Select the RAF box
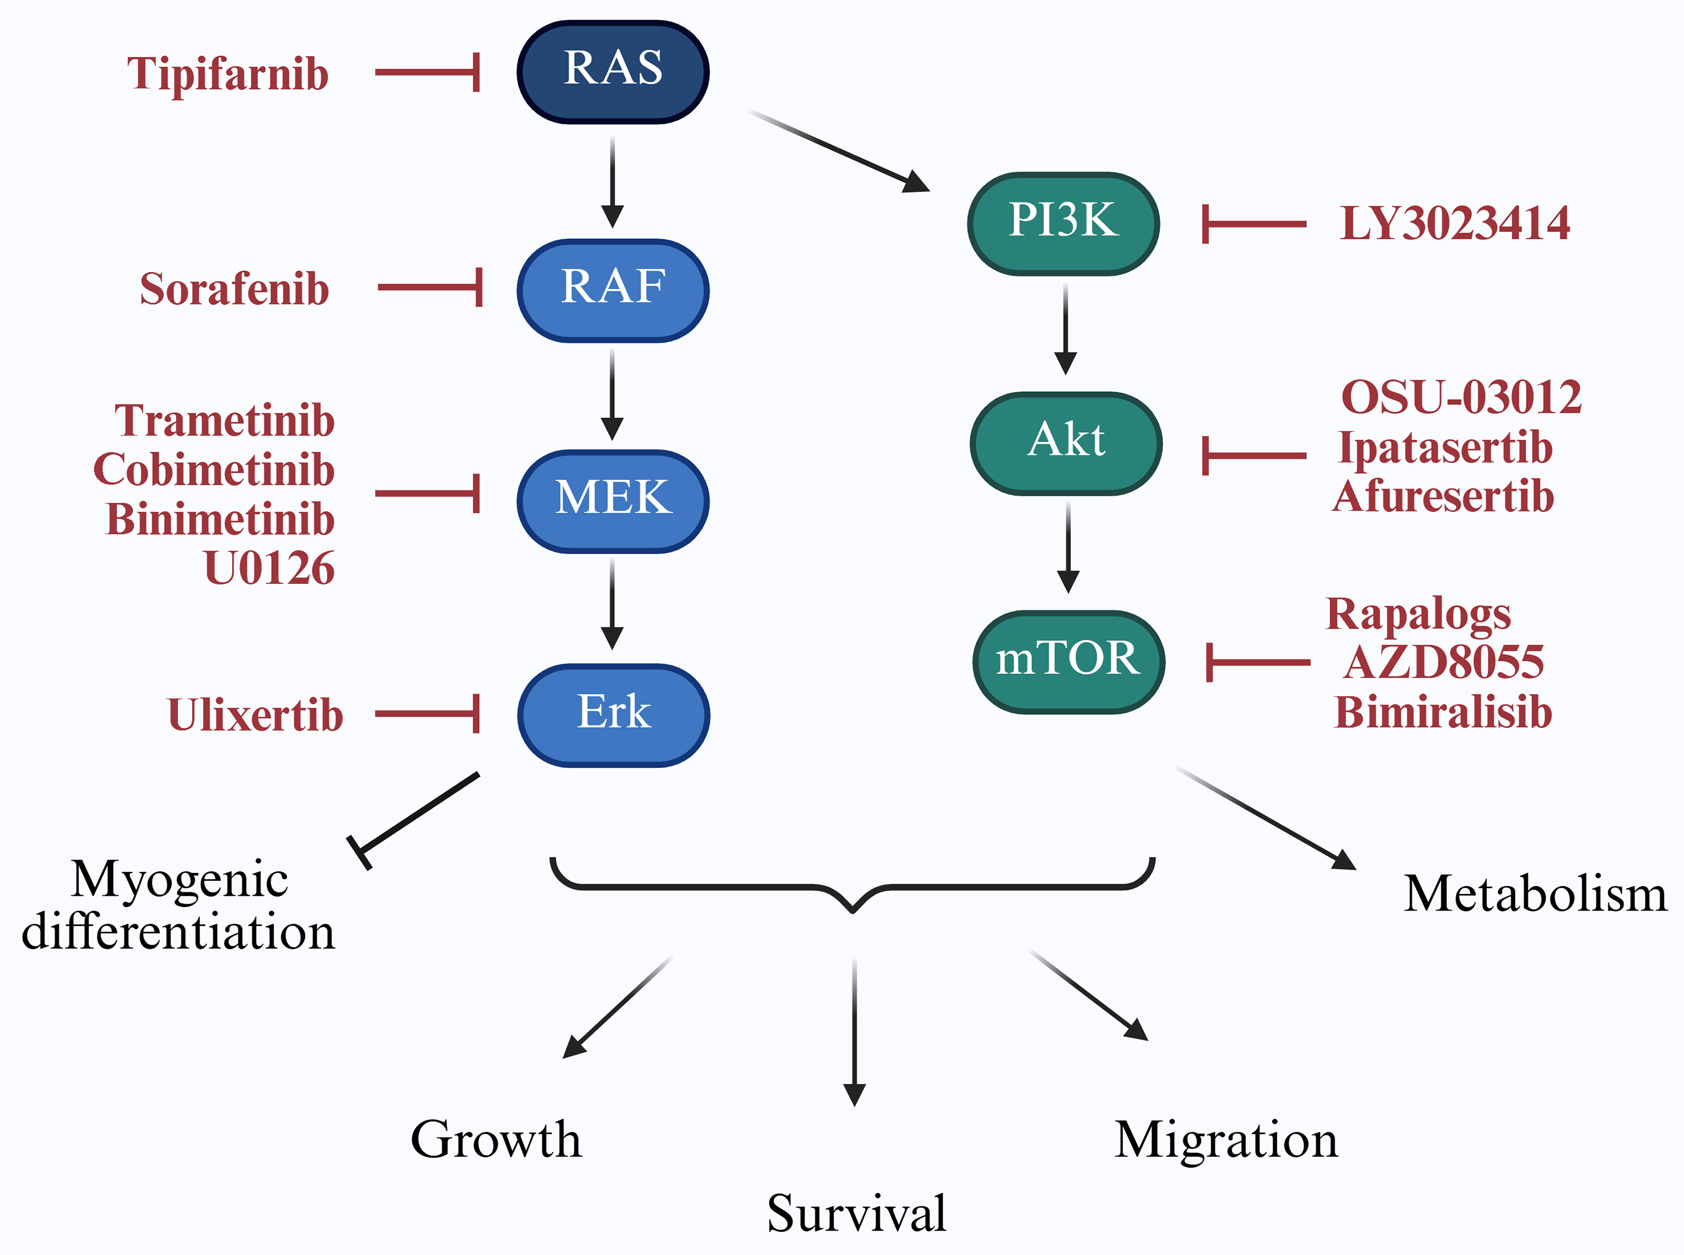tap(612, 290)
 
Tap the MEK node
tap(612, 501)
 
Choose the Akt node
tap(1066, 443)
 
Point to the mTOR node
tap(1068, 661)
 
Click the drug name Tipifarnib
tap(228, 75)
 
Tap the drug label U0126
tap(269, 568)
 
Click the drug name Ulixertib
tap(255, 716)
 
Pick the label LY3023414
tap(1454, 224)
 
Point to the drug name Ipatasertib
tap(1444, 448)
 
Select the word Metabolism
tap(1535, 893)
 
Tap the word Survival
tap(856, 1213)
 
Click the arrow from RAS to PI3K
tap(835, 149)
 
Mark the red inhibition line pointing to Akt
tap(1253, 456)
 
